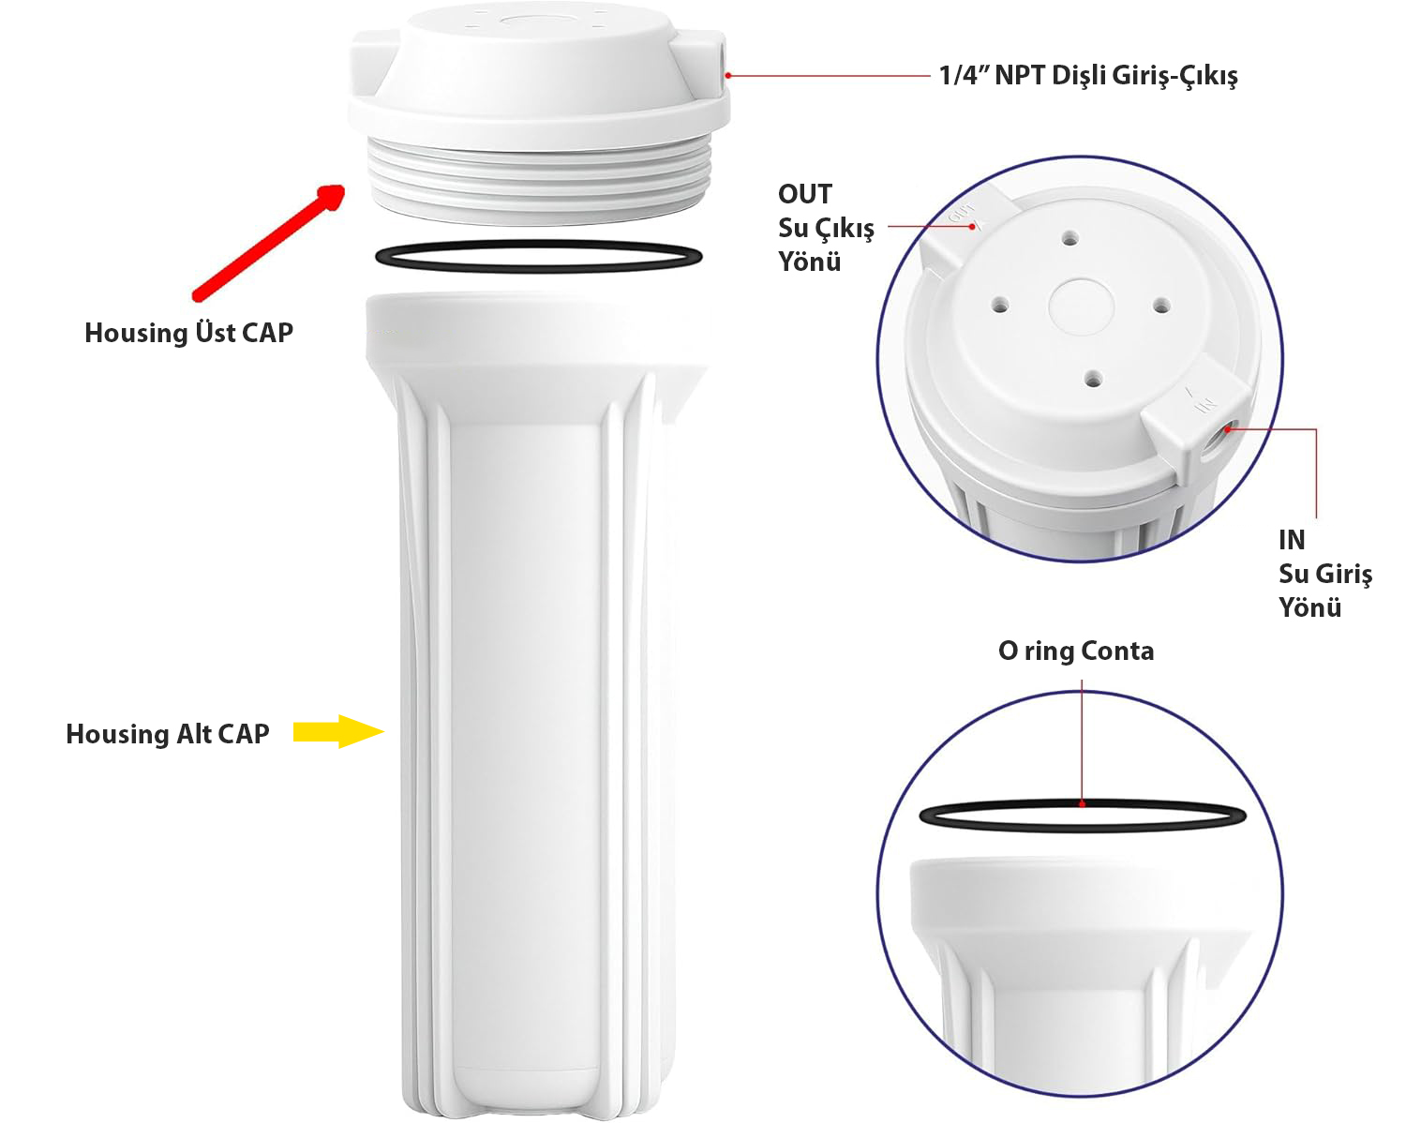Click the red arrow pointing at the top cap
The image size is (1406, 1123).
point(268,243)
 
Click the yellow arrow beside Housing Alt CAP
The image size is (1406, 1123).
point(337,732)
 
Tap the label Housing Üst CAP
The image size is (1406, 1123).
point(188,333)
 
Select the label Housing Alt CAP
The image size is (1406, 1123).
point(167,734)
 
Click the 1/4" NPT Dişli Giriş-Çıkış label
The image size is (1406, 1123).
point(1088,75)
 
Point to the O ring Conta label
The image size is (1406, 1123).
point(1076,651)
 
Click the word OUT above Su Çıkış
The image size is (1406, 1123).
point(805,194)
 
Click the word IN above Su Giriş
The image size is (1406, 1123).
point(1292,540)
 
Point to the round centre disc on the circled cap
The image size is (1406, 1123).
point(1082,307)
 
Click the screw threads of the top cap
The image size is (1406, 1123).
point(540,182)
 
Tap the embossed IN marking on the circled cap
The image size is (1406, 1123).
point(1205,405)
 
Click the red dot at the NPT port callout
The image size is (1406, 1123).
point(728,76)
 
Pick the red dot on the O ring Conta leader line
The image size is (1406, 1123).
point(1082,804)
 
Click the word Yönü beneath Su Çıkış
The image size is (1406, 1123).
point(810,262)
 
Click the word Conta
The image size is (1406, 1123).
point(1117,651)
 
